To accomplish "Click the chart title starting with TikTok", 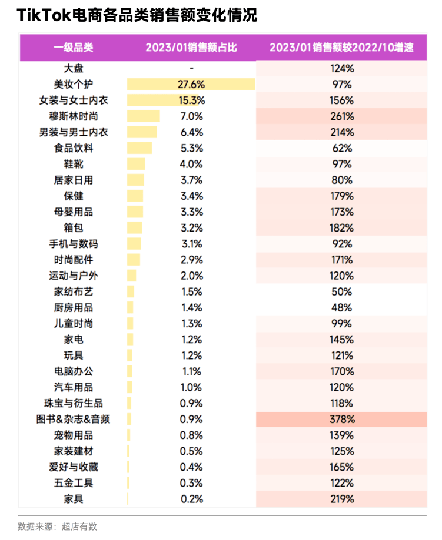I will (137, 15).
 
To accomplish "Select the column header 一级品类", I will (74, 48).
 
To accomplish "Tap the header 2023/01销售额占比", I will (191, 48).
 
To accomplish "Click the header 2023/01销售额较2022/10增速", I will (341, 48).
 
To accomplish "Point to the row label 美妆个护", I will (74, 85).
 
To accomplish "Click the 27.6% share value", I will (191, 85).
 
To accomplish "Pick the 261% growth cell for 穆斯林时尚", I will (341, 116).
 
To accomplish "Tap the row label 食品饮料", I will (74, 148).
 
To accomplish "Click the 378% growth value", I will (341, 420).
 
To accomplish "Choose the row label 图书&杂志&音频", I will (74, 420).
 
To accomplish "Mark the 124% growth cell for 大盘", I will (341, 68).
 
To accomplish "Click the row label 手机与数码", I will (74, 244).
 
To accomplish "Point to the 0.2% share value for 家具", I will (191, 499).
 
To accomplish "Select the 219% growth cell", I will (341, 499).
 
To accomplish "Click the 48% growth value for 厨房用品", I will (341, 307).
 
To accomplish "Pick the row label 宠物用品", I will (74, 435).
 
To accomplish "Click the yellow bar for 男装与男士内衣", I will (142, 132).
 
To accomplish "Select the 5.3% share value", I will (191, 148).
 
